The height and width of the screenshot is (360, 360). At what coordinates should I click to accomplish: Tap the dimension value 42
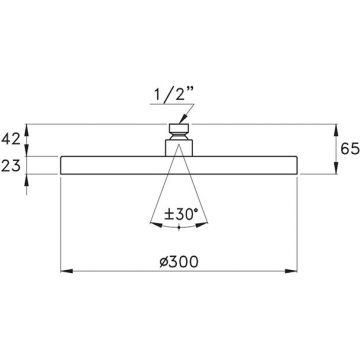pyautogui.click(x=11, y=140)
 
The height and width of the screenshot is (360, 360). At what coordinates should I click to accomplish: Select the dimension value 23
pyautogui.click(x=11, y=165)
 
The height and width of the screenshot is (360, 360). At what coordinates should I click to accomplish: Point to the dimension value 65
pyautogui.click(x=350, y=149)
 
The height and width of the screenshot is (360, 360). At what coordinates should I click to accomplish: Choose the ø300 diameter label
pyautogui.click(x=179, y=262)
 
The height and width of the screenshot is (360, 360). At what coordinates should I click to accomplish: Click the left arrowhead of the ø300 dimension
pyautogui.click(x=67, y=271)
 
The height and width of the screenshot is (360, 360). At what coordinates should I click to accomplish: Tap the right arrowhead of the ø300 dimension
pyautogui.click(x=291, y=271)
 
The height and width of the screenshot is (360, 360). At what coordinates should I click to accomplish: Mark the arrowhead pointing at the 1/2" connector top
pyautogui.click(x=182, y=120)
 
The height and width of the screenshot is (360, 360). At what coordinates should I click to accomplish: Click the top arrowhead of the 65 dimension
pyautogui.click(x=336, y=130)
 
